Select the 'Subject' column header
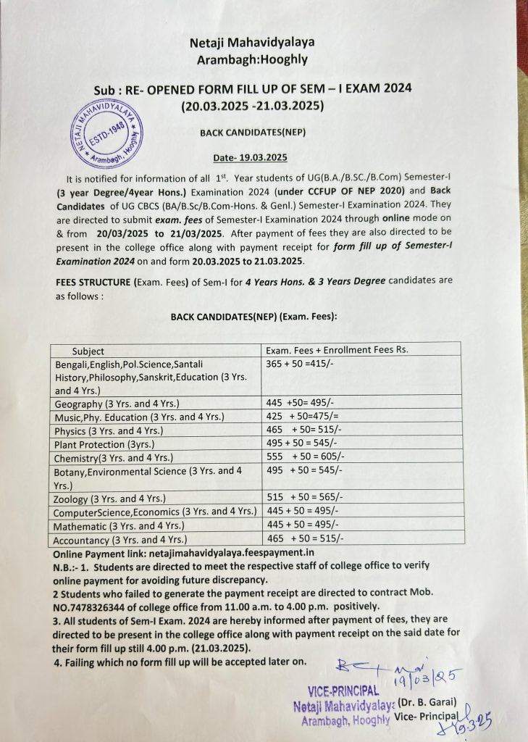(88, 351)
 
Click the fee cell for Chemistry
(303, 458)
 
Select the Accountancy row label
(120, 540)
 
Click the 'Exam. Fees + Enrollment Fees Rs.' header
(338, 349)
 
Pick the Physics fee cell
(303, 430)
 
